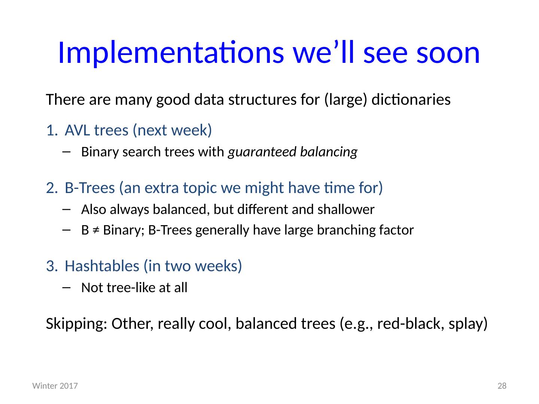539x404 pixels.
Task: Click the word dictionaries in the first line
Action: [411, 100]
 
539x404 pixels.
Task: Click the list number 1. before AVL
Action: [52, 130]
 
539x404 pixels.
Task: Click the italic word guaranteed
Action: [262, 152]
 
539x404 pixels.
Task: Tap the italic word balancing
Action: [329, 152]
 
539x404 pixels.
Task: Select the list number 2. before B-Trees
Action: [52, 188]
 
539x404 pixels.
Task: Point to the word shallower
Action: [346, 209]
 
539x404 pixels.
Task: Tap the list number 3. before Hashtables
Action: [52, 266]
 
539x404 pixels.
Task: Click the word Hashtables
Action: [102, 266]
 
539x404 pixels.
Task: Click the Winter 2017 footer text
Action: [55, 386]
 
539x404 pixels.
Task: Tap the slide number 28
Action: [502, 386]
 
